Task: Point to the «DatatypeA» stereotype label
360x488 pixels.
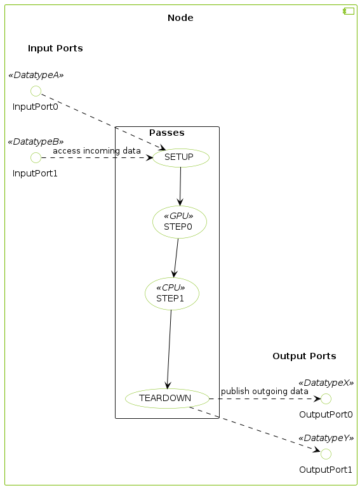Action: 36,75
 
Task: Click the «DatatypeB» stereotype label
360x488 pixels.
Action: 36,142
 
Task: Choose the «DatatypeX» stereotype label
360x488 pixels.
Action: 326,383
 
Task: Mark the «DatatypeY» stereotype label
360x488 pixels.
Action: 326,438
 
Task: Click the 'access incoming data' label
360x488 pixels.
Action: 97,151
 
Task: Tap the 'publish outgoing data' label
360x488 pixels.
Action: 264,391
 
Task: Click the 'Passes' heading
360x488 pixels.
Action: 167,133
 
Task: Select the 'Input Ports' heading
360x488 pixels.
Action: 55,48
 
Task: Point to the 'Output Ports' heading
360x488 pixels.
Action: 304,356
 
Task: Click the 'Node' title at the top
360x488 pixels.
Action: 180,18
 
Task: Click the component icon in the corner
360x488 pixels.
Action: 349,11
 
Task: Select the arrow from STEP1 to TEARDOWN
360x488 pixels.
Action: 169,349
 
